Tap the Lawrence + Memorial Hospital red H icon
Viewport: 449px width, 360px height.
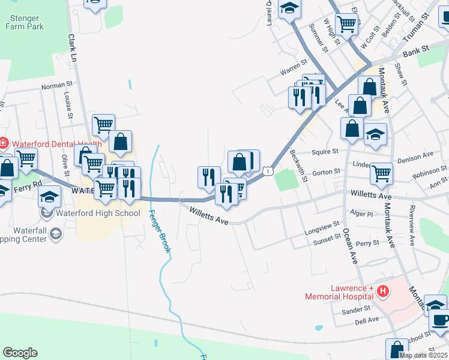[382, 292]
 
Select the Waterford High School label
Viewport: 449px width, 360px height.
[98, 213]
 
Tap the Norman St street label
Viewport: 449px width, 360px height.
[56, 86]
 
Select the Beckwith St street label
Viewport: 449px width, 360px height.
[299, 166]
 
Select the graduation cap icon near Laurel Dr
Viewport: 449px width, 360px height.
[289, 8]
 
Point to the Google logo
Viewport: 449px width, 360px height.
[20, 353]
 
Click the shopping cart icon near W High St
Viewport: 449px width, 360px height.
[347, 25]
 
